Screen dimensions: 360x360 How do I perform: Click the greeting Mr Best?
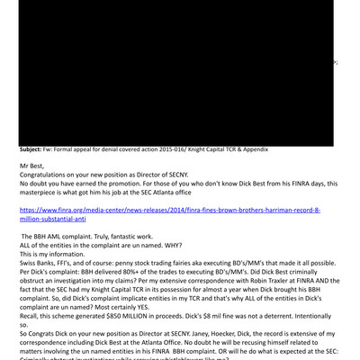(x=35, y=166)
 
